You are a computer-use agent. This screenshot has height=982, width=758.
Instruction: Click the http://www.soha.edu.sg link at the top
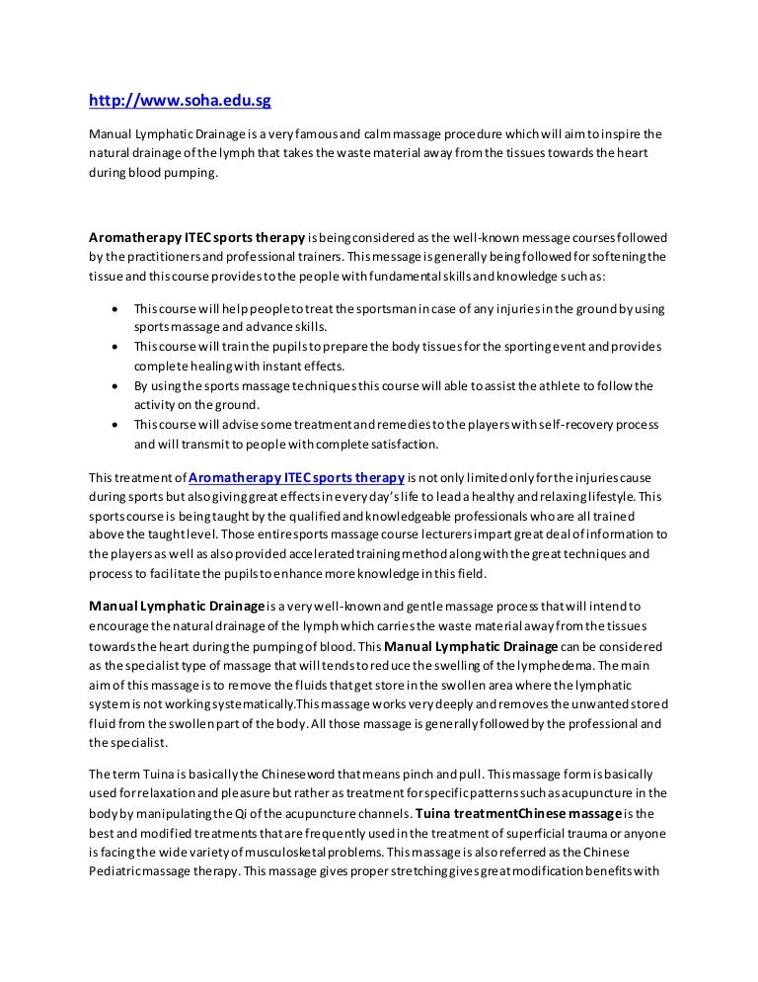coord(181,100)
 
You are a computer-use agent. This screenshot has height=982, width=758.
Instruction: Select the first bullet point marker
coord(117,308)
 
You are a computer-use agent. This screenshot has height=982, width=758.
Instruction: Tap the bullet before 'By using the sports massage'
coord(117,385)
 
